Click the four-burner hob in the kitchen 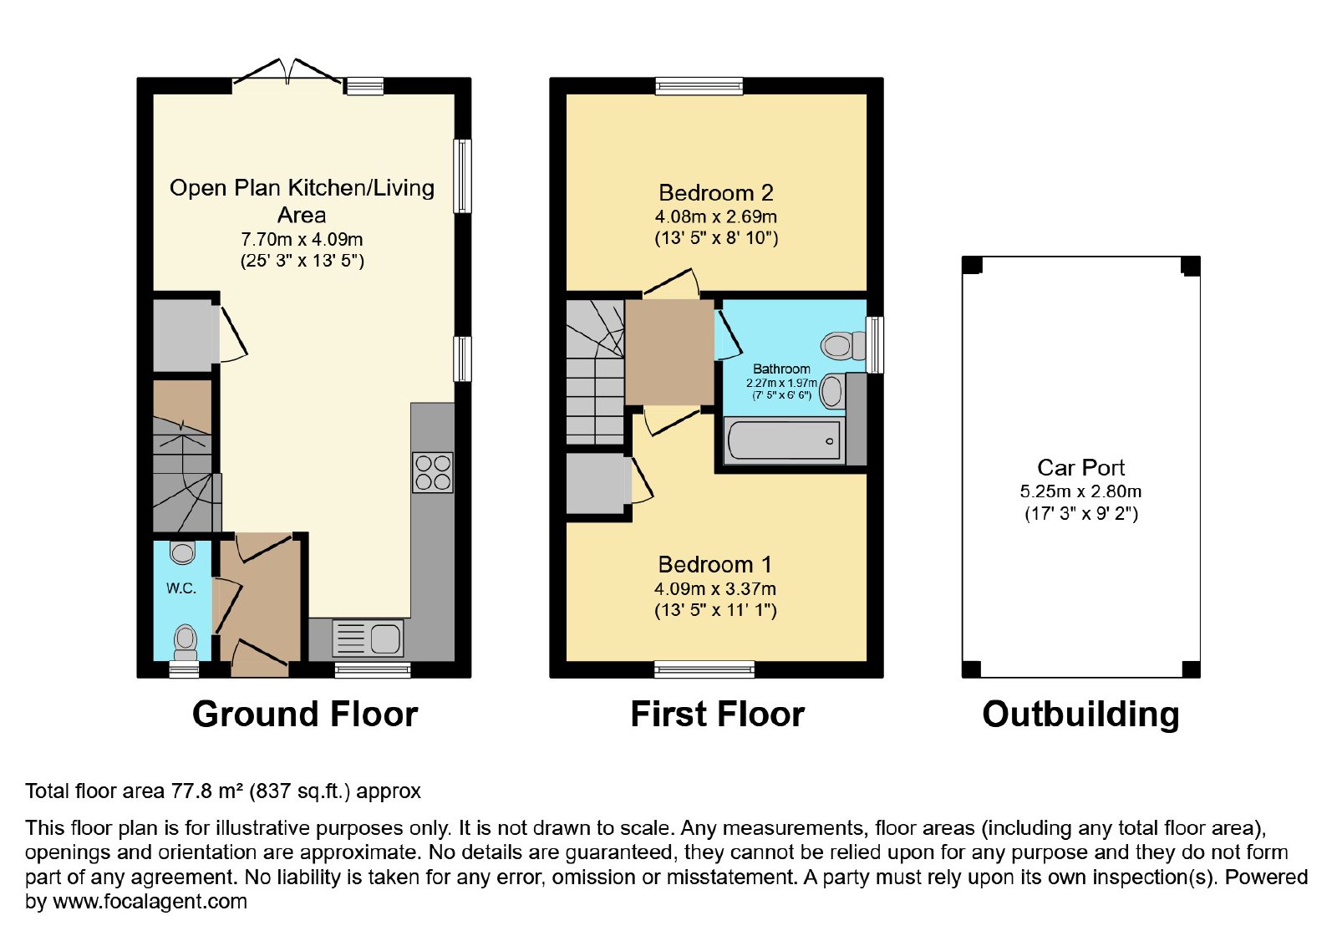pos(432,472)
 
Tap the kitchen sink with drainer pos(367,638)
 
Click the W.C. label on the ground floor pos(180,588)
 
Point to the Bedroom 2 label pos(715,193)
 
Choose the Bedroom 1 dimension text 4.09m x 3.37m pos(715,588)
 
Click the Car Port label pos(1080,467)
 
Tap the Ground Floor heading pos(305,714)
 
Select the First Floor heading pos(718,714)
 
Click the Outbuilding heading pos(1080,715)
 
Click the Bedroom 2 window pos(699,86)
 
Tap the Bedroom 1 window pos(704,669)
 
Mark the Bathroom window pos(875,345)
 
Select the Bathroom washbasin pos(831,392)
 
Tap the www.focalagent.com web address pos(150,901)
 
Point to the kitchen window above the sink pos(373,669)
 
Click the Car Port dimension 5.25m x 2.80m pos(1080,491)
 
